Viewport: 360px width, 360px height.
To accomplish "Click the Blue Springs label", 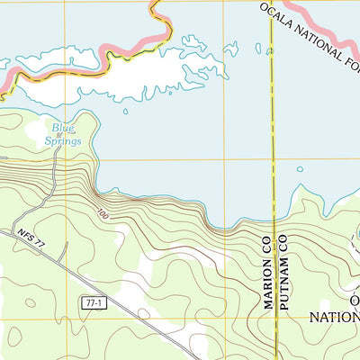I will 64,135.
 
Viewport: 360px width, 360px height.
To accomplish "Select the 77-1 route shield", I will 95,303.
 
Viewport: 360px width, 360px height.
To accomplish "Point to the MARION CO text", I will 268,270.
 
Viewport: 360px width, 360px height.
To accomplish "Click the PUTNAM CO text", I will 281,270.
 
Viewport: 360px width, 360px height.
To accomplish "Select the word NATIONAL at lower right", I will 334,317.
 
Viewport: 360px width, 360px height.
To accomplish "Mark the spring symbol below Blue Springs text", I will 59,135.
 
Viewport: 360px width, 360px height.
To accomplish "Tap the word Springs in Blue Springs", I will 65,141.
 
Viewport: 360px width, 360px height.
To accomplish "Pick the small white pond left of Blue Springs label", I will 34,136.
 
